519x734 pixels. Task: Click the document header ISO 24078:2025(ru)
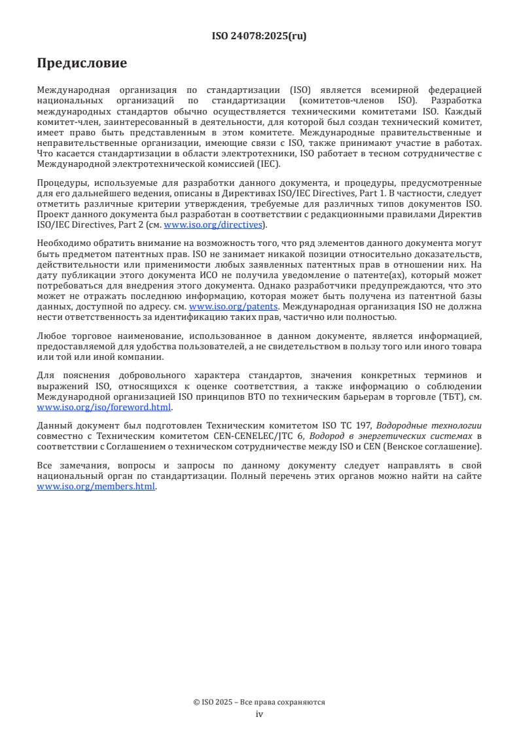tap(259, 36)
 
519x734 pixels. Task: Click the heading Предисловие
tap(82, 63)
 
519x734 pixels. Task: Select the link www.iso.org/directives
tap(213, 225)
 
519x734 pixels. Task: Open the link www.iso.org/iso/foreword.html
tap(104, 406)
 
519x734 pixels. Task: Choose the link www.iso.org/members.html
tap(96, 487)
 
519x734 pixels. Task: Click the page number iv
tap(259, 714)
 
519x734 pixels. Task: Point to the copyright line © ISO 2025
tap(259, 702)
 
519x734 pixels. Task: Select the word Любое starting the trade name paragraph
tap(52, 336)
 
